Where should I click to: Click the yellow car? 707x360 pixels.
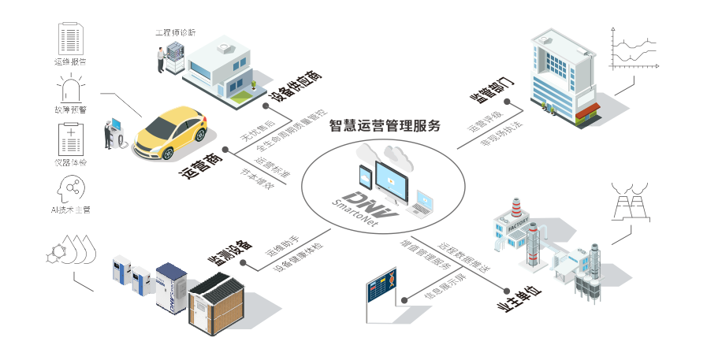click(169, 135)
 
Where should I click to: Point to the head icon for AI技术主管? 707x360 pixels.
click(71, 189)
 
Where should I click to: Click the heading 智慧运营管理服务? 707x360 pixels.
click(385, 124)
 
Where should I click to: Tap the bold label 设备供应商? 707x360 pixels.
click(296, 87)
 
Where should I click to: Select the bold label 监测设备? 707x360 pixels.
click(229, 249)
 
